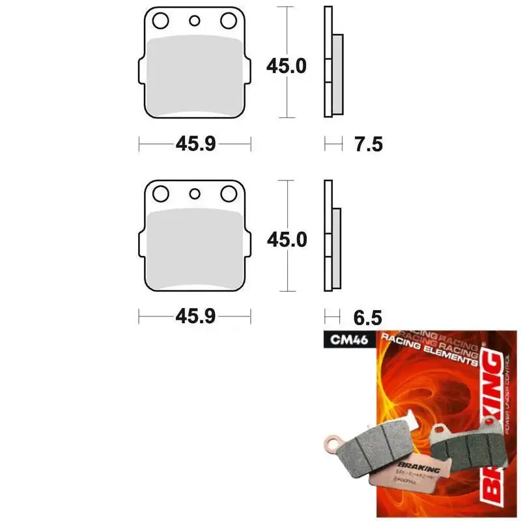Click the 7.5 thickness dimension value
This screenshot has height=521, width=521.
click(x=369, y=144)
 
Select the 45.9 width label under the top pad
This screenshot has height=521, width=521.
click(x=195, y=144)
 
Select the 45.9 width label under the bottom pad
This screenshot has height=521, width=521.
click(x=195, y=317)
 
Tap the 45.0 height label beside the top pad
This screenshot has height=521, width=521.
click(x=286, y=66)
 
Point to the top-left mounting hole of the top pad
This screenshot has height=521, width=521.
click(x=160, y=21)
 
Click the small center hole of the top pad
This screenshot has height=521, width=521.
click(x=194, y=21)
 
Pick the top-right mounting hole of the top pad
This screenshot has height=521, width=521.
click(x=228, y=21)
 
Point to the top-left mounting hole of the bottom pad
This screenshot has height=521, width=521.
click(x=160, y=193)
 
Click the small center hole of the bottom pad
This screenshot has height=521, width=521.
click(x=194, y=193)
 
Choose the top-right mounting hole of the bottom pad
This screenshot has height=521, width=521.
click(x=228, y=193)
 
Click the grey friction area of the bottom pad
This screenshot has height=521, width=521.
click(x=194, y=249)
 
